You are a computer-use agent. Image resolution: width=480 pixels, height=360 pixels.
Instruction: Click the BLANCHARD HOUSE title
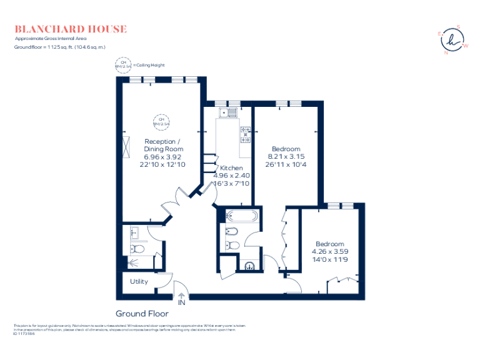[71, 29]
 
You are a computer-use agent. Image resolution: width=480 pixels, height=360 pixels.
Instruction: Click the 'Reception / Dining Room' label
[164, 145]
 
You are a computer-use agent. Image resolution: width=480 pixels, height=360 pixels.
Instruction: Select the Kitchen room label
[231, 168]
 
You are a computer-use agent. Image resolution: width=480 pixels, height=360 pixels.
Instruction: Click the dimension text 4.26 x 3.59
[329, 251]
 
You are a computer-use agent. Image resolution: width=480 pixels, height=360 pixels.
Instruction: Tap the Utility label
[139, 281]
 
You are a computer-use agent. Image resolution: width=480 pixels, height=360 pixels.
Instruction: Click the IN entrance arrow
[182, 299]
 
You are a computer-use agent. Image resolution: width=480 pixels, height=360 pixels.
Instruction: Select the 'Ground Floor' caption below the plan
[141, 314]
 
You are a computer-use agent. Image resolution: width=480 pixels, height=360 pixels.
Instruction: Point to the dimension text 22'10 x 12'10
[164, 164]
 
